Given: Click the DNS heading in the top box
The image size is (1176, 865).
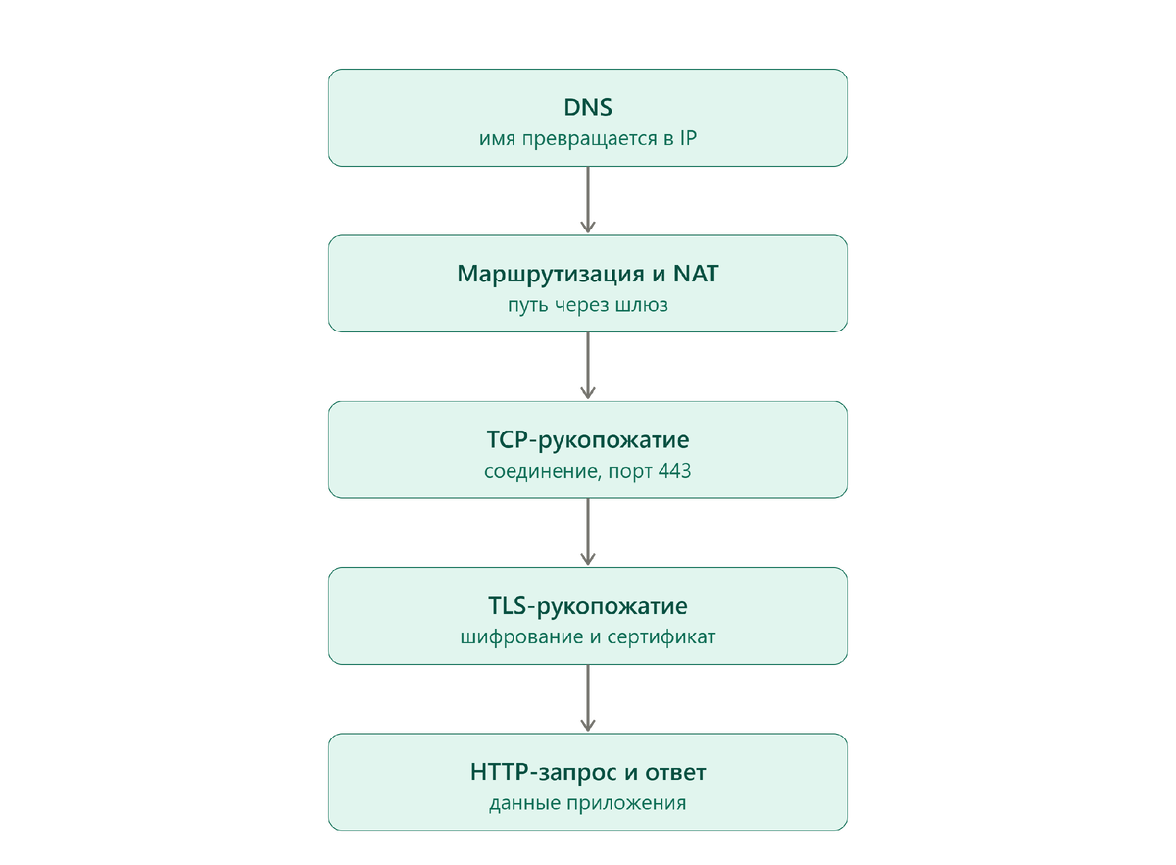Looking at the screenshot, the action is pyautogui.click(x=587, y=107).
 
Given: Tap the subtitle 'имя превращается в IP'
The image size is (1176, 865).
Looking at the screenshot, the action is pyautogui.click(x=587, y=138).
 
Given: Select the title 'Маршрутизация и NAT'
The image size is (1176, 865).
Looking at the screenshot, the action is pyautogui.click(x=587, y=274).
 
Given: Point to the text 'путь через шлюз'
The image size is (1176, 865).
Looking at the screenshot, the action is pyautogui.click(x=587, y=305).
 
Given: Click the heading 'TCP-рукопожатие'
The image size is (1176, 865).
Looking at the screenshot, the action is pyautogui.click(x=587, y=440).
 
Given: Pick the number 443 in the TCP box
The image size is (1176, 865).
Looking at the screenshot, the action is pyautogui.click(x=674, y=471).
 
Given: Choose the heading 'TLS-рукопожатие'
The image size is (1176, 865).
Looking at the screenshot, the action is pyautogui.click(x=587, y=606).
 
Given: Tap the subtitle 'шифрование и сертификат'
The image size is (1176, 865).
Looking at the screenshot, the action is pyautogui.click(x=587, y=636).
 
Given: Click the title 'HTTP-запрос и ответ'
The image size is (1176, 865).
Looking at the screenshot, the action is pyautogui.click(x=587, y=772).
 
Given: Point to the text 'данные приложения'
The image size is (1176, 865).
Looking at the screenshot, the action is pyautogui.click(x=587, y=803).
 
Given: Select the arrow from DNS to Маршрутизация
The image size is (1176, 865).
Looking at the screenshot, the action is pyautogui.click(x=587, y=200).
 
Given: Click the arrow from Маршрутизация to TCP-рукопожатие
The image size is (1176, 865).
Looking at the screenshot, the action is pyautogui.click(x=587, y=366).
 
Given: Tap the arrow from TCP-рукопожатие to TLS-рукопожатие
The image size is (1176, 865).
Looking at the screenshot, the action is pyautogui.click(x=587, y=532).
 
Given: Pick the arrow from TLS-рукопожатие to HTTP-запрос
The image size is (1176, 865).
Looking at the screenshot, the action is pyautogui.click(x=587, y=698).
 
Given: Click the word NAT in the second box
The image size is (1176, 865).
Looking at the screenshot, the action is pyautogui.click(x=696, y=274).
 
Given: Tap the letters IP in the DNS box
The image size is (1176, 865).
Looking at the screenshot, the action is pyautogui.click(x=688, y=138).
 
